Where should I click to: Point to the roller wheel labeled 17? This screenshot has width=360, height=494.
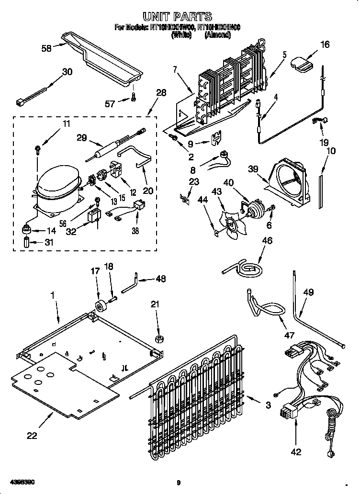(101, 306)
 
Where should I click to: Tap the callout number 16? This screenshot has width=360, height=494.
(324, 45)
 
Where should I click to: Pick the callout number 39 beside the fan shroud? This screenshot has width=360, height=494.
(253, 169)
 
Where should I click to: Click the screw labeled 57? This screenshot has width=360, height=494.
(134, 98)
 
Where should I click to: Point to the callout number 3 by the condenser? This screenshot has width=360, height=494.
(268, 405)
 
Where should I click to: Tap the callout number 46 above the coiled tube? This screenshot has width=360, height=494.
(267, 240)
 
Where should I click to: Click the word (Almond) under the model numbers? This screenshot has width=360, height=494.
(219, 35)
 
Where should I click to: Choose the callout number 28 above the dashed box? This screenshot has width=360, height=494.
(161, 92)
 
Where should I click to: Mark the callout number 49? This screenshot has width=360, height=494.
(308, 292)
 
